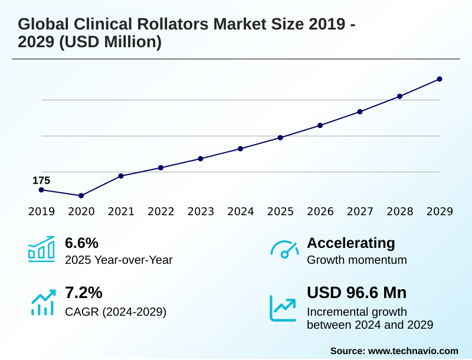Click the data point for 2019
[x=41, y=190]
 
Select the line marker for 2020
[x=81, y=195]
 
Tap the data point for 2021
[x=121, y=176]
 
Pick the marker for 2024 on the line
[x=241, y=149]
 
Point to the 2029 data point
[x=440, y=79]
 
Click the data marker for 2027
[x=360, y=112]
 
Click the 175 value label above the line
[x=41, y=181]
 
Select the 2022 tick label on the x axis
[x=161, y=212]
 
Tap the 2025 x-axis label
[x=280, y=212]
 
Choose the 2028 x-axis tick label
[x=400, y=212]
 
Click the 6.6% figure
[x=81, y=243]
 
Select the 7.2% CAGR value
[x=81, y=293]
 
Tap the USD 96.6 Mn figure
[x=357, y=293]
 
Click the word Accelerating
[x=351, y=243]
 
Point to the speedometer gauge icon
[x=284, y=250]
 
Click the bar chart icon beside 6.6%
[x=41, y=249]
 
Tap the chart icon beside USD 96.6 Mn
[x=283, y=307]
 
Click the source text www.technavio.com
[x=413, y=351]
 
